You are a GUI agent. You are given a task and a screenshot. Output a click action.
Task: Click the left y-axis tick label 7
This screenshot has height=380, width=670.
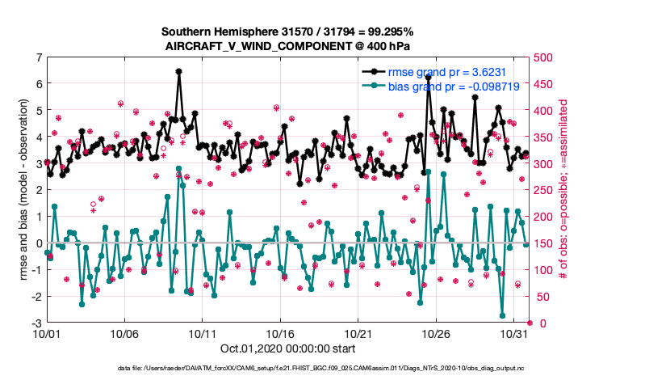pyautogui.click(x=39, y=57)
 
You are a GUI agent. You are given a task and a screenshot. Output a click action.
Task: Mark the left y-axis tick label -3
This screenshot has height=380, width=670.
pyautogui.click(x=37, y=323)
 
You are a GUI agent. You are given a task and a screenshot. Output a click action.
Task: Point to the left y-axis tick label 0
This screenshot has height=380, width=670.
pyautogui.click(x=39, y=243)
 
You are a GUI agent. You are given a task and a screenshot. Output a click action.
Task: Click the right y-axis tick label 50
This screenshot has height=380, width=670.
pyautogui.click(x=542, y=297)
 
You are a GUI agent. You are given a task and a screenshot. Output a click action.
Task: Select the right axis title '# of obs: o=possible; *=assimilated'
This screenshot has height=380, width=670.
pyautogui.click(x=565, y=190)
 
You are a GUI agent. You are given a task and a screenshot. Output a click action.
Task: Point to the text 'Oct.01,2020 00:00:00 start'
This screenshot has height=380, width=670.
pyautogui.click(x=287, y=348)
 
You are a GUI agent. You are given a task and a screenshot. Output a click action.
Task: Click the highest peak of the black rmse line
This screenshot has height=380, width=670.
pyautogui.click(x=178, y=71)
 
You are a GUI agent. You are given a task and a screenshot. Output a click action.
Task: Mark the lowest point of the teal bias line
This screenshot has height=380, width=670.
pyautogui.click(x=502, y=315)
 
